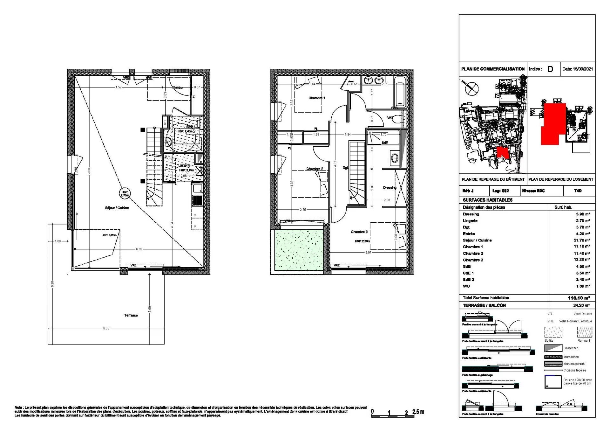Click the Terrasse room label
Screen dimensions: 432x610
coord(131,315)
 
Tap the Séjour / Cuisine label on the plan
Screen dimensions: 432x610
coord(117,208)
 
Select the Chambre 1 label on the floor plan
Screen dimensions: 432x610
coord(316,98)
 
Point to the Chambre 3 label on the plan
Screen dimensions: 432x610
coord(359,232)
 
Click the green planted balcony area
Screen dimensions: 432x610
coord(298,250)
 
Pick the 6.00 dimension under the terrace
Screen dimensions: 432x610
coord(106,328)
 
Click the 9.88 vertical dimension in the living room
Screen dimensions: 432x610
coord(89,171)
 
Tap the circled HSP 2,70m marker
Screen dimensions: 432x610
coord(125,193)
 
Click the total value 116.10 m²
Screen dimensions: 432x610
coord(579,298)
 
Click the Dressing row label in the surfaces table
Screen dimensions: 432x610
coord(471,214)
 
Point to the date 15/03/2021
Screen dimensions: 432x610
coord(577,69)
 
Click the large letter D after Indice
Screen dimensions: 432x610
coord(550,69)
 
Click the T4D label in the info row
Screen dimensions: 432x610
coord(578,191)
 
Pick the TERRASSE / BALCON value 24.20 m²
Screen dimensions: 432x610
coord(581,305)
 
